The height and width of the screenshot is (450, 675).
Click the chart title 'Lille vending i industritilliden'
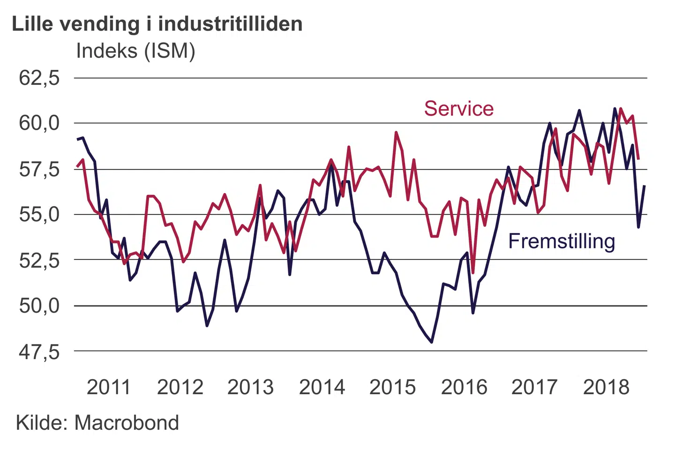157,24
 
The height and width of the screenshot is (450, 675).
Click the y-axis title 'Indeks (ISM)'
135,51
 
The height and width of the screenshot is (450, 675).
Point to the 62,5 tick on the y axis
39,78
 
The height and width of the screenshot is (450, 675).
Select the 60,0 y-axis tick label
39,123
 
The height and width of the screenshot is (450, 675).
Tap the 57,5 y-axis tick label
39,169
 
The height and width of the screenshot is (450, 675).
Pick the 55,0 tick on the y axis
39,215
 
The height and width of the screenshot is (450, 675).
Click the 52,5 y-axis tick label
39,260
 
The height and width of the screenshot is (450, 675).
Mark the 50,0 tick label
39,306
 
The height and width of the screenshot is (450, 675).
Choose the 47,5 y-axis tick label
39,352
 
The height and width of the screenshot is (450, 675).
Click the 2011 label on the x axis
109,388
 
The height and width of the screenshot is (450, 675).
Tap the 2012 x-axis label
180,388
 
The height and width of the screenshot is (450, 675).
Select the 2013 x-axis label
250,388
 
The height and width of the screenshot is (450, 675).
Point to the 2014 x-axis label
322,388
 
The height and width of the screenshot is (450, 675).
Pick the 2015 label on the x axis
392,388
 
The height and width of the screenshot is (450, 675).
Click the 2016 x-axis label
464,388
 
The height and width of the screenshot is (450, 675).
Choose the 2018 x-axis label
606,388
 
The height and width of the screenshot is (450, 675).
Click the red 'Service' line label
459,109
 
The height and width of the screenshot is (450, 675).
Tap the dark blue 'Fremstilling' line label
562,241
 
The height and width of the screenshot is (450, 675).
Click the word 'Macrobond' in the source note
127,423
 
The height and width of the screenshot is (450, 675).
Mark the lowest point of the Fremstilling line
432,342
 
